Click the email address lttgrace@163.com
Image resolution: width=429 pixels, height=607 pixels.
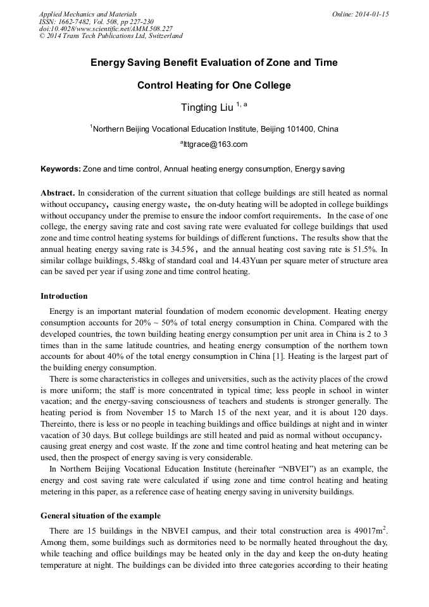215,144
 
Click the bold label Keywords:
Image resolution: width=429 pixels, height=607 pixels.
61,169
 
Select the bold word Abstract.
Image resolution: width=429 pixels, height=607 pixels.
57,192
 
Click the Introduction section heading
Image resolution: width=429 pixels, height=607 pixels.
64,296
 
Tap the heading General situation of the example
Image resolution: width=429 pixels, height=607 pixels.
100,515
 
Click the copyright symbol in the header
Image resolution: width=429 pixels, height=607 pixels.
42,36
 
